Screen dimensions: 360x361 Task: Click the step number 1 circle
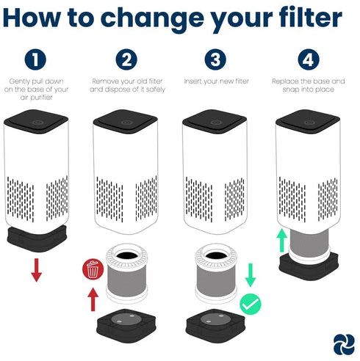35,59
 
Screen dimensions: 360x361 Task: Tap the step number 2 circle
126,59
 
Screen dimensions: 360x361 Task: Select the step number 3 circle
215,59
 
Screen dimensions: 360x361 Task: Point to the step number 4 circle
309,59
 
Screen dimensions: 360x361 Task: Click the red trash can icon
93,269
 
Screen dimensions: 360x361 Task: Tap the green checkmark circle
251,304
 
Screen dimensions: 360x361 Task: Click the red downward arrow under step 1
37,270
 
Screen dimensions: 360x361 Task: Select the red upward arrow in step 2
93,299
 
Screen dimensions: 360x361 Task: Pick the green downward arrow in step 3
251,275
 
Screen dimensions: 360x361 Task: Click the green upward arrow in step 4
282,240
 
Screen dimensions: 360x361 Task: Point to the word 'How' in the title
32,18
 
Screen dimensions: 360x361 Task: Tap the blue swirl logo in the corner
344,344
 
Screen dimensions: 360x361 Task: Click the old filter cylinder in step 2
126,273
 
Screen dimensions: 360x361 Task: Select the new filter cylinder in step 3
216,273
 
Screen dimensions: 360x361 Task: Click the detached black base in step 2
126,326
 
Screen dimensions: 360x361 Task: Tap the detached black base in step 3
215,326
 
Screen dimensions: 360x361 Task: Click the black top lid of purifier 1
36,122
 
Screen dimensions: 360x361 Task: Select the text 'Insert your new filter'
217,81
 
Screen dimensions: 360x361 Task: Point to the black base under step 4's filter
309,266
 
